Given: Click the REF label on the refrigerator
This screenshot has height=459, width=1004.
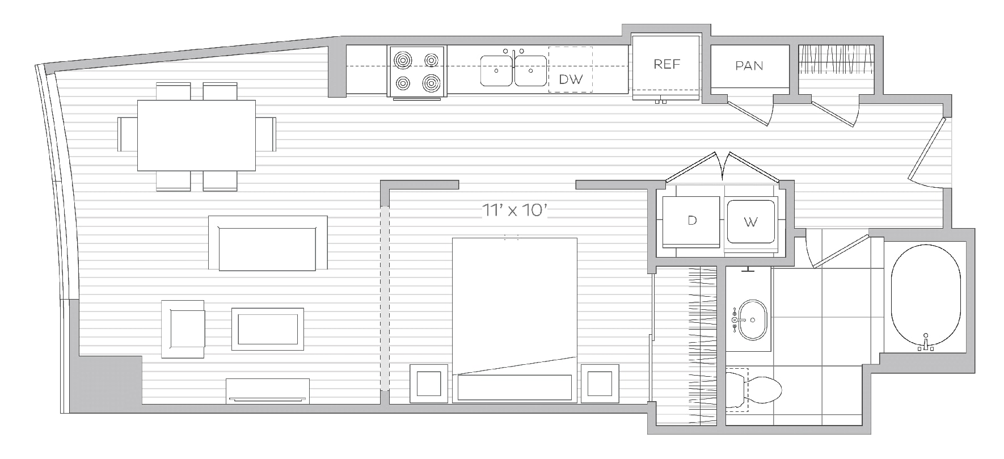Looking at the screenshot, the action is [666, 64].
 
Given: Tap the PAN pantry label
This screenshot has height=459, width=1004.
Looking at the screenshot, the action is [749, 66].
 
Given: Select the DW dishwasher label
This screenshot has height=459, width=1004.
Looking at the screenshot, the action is [571, 79].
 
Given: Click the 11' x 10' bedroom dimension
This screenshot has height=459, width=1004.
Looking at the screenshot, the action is [514, 211].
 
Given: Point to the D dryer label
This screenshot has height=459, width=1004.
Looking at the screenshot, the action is [692, 220].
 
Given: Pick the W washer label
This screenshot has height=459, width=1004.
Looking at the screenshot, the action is [750, 222].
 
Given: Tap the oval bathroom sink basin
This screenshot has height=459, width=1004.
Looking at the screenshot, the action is [752, 320].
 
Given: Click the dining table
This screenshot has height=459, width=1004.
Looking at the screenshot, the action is [196, 135].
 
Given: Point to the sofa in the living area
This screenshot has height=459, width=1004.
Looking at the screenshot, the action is [267, 243].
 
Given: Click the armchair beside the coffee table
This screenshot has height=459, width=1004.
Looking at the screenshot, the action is [183, 329].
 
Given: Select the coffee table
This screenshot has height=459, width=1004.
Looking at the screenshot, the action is [267, 329].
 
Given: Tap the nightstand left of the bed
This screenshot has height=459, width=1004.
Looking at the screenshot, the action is [429, 384].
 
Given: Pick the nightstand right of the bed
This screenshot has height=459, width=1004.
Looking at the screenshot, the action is [600, 384].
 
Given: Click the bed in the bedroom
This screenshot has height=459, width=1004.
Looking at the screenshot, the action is [514, 320].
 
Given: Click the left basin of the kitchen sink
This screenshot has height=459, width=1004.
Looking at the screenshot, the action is [497, 71].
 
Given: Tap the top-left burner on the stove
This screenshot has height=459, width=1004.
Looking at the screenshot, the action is [403, 60].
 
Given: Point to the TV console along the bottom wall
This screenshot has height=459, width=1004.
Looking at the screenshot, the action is [268, 391].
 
